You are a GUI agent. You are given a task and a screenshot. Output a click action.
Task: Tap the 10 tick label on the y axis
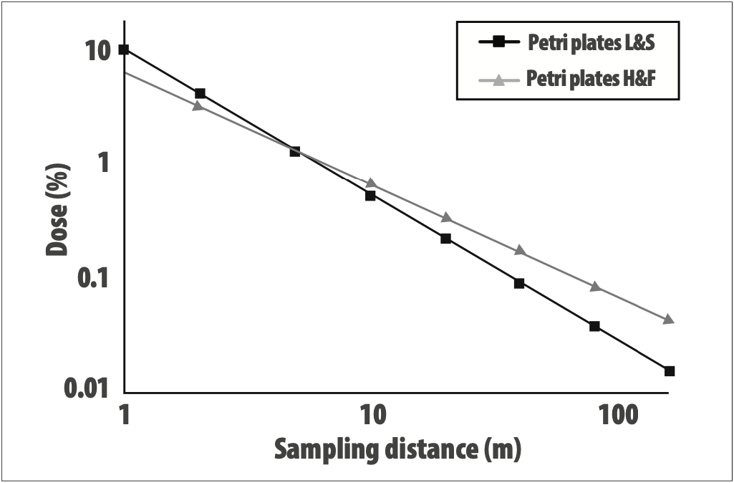[94, 51]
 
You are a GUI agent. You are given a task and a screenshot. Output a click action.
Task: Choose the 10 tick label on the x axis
[371, 416]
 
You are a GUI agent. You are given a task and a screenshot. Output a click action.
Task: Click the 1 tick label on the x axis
[125, 416]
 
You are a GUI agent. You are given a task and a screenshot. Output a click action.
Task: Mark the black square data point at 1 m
[124, 49]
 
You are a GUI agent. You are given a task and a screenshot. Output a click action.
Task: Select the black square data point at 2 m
[200, 93]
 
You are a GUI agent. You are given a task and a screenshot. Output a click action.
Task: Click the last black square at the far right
[670, 370]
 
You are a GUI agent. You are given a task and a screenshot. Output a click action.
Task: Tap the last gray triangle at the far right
[669, 319]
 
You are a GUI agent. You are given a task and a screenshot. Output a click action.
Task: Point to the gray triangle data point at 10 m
[371, 183]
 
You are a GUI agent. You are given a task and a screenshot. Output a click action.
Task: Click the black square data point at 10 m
[370, 195]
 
